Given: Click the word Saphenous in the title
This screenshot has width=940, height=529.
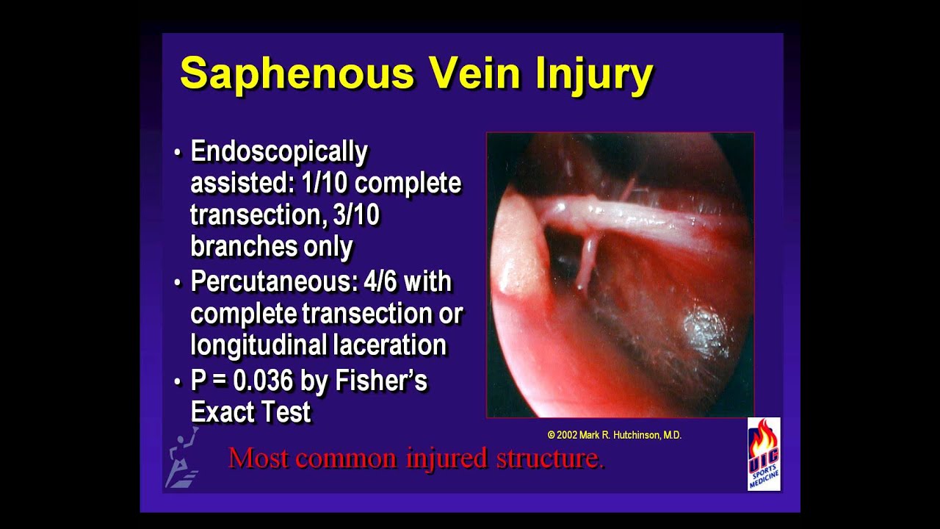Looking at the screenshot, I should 297,73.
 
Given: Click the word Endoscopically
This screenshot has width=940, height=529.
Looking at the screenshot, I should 279,152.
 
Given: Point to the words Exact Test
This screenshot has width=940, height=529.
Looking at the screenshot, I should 250,412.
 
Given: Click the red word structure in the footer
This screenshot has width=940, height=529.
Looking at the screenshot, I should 550,458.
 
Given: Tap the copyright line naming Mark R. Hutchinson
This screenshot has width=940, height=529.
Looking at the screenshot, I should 615,435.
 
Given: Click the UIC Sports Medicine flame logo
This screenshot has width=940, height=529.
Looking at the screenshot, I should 764,454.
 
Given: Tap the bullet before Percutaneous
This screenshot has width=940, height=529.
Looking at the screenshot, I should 178,283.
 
